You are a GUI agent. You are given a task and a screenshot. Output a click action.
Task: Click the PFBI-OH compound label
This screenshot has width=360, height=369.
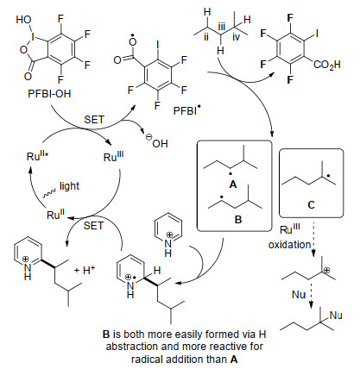(49, 94)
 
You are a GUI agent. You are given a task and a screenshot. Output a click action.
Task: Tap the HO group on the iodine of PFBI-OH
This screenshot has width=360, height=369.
(24, 20)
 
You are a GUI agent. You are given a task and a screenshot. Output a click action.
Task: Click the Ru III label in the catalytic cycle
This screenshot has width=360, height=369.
(114, 156)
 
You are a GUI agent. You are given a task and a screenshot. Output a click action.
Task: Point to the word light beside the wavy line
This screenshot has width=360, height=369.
(69, 186)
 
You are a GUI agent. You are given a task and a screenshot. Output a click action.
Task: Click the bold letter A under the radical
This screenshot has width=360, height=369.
(233, 184)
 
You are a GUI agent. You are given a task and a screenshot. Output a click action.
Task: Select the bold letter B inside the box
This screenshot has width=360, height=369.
(238, 219)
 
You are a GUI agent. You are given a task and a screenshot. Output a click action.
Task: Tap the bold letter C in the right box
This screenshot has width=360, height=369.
(311, 205)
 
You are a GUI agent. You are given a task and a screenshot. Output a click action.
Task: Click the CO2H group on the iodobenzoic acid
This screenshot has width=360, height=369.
(326, 64)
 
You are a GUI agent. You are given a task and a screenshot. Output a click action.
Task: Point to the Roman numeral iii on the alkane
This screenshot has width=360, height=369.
(221, 28)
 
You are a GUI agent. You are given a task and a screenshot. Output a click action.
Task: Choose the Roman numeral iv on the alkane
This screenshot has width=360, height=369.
(236, 37)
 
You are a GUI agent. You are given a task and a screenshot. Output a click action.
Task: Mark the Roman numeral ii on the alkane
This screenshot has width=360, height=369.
(206, 37)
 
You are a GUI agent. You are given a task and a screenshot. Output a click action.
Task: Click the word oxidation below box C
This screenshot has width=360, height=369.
(290, 245)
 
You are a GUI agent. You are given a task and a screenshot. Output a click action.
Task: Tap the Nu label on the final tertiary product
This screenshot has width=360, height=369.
(336, 316)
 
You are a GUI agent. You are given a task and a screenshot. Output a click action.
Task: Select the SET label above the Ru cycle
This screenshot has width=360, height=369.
(94, 119)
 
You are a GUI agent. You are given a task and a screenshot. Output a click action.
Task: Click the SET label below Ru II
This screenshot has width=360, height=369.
(93, 226)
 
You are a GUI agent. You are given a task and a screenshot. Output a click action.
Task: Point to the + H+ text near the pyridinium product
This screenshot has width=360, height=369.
(85, 270)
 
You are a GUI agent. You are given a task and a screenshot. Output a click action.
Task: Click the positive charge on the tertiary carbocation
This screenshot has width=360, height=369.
(327, 270)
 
